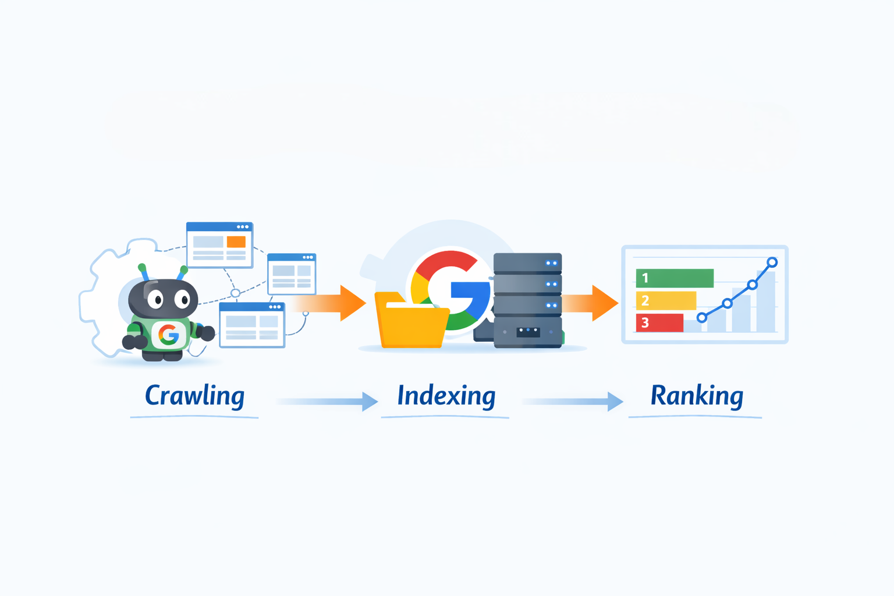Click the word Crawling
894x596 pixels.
(x=195, y=396)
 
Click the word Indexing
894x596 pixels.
(x=446, y=396)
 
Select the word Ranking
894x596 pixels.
(x=697, y=396)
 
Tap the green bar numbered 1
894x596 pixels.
(x=675, y=278)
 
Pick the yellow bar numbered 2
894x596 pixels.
(x=666, y=300)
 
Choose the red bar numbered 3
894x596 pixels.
(x=659, y=322)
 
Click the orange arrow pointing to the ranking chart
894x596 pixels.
(x=591, y=303)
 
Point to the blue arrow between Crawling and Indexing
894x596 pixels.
(x=327, y=401)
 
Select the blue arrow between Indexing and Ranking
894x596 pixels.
(x=573, y=401)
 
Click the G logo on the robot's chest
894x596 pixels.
(x=168, y=335)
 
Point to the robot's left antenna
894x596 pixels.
(x=143, y=272)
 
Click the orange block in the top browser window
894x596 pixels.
(x=236, y=242)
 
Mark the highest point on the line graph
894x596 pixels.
(x=772, y=262)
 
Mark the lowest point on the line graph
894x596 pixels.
(x=702, y=318)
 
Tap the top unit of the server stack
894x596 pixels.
(x=528, y=263)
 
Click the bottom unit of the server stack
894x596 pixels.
(x=528, y=332)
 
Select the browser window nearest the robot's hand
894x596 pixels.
(x=252, y=325)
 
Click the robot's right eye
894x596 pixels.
(x=183, y=299)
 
